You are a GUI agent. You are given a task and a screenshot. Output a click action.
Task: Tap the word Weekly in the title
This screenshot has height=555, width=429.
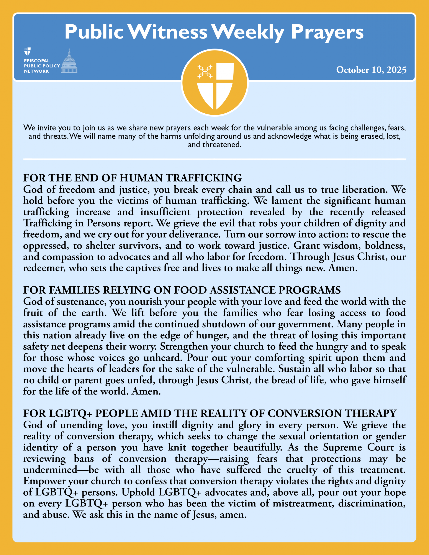pos(248,33)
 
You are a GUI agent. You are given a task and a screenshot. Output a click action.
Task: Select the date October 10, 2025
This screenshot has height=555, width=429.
pos(371,70)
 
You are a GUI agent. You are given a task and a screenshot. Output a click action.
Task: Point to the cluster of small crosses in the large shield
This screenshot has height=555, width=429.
pos(205,71)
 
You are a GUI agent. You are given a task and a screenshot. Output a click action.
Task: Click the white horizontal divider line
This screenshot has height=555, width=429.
pos(215,159)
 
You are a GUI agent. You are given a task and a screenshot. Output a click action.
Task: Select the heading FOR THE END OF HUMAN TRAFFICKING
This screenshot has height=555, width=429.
pos(132,178)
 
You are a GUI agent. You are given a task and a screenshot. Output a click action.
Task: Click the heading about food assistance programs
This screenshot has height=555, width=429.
pos(182,290)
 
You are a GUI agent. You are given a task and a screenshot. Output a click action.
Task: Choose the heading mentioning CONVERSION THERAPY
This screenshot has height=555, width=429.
pos(210,413)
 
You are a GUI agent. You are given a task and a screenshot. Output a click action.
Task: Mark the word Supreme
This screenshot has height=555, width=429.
pos(342,447)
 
